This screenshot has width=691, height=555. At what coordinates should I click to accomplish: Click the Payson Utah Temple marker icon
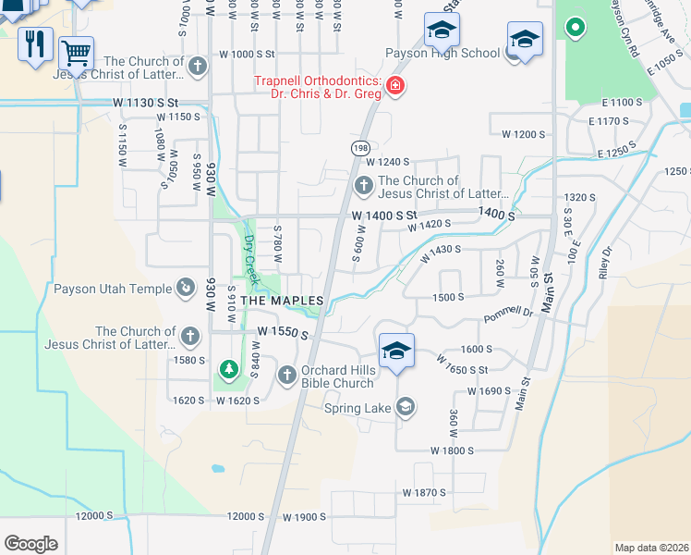click(186, 289)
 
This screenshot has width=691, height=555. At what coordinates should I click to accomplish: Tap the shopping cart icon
click(75, 54)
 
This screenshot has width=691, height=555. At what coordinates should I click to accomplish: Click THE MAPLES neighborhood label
click(282, 302)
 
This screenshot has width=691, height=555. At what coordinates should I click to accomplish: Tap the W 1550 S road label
click(282, 331)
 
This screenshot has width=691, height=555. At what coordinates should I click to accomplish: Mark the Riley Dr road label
click(606, 264)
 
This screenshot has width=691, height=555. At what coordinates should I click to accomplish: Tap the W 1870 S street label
click(423, 493)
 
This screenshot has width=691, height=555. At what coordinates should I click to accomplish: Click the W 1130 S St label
click(144, 102)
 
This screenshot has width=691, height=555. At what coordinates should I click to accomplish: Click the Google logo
click(31, 544)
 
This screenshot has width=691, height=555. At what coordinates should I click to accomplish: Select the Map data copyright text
click(652, 548)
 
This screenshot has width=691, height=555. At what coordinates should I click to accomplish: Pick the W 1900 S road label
click(306, 517)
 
